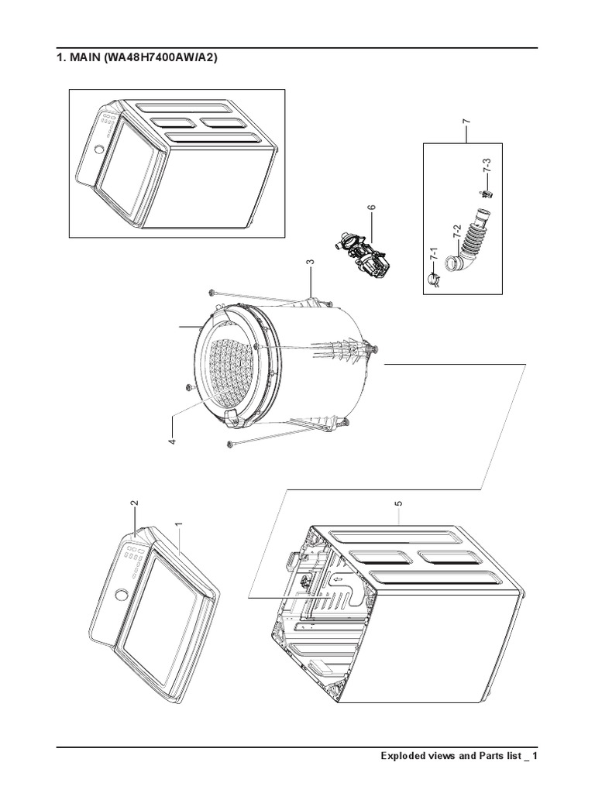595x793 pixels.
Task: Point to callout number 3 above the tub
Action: pyautogui.click(x=310, y=263)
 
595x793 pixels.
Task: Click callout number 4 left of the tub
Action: pyautogui.click(x=172, y=441)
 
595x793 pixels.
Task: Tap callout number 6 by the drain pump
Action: pyautogui.click(x=371, y=208)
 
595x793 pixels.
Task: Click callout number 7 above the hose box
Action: pyautogui.click(x=466, y=122)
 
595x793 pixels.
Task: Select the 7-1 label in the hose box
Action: pyautogui.click(x=434, y=253)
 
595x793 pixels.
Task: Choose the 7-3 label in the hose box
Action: pyautogui.click(x=487, y=166)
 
